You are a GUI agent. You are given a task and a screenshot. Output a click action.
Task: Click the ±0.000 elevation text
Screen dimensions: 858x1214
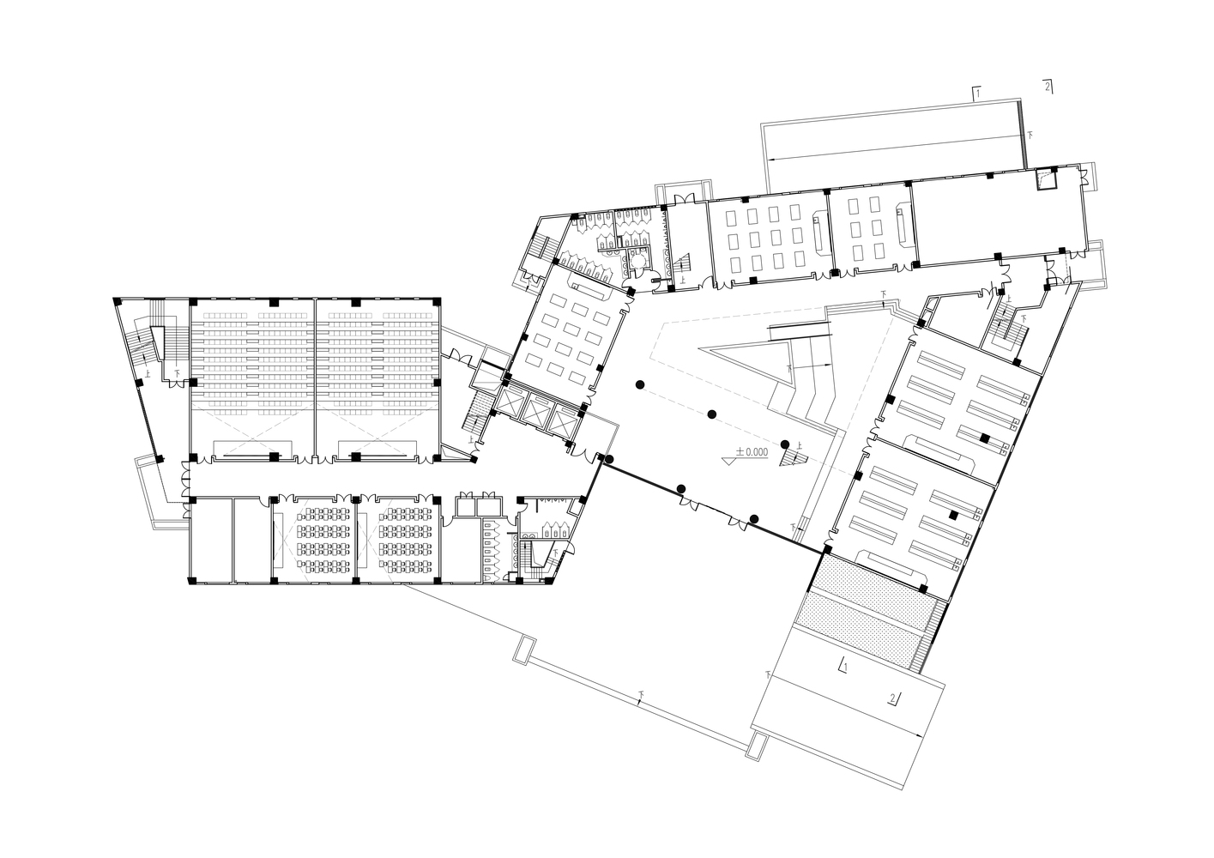point(752,451)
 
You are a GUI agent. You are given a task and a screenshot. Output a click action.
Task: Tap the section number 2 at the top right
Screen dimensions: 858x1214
point(1048,86)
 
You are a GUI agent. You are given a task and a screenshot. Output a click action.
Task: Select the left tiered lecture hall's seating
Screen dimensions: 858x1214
point(252,356)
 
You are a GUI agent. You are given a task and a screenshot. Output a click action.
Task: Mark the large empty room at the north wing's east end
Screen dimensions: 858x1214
point(995,214)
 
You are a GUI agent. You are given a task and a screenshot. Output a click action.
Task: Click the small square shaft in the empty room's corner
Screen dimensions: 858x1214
point(1047,179)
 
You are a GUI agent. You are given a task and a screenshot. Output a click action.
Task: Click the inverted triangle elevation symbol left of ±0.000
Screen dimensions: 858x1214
point(729,460)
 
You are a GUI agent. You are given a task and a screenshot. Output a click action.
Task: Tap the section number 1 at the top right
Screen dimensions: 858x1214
point(977,90)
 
